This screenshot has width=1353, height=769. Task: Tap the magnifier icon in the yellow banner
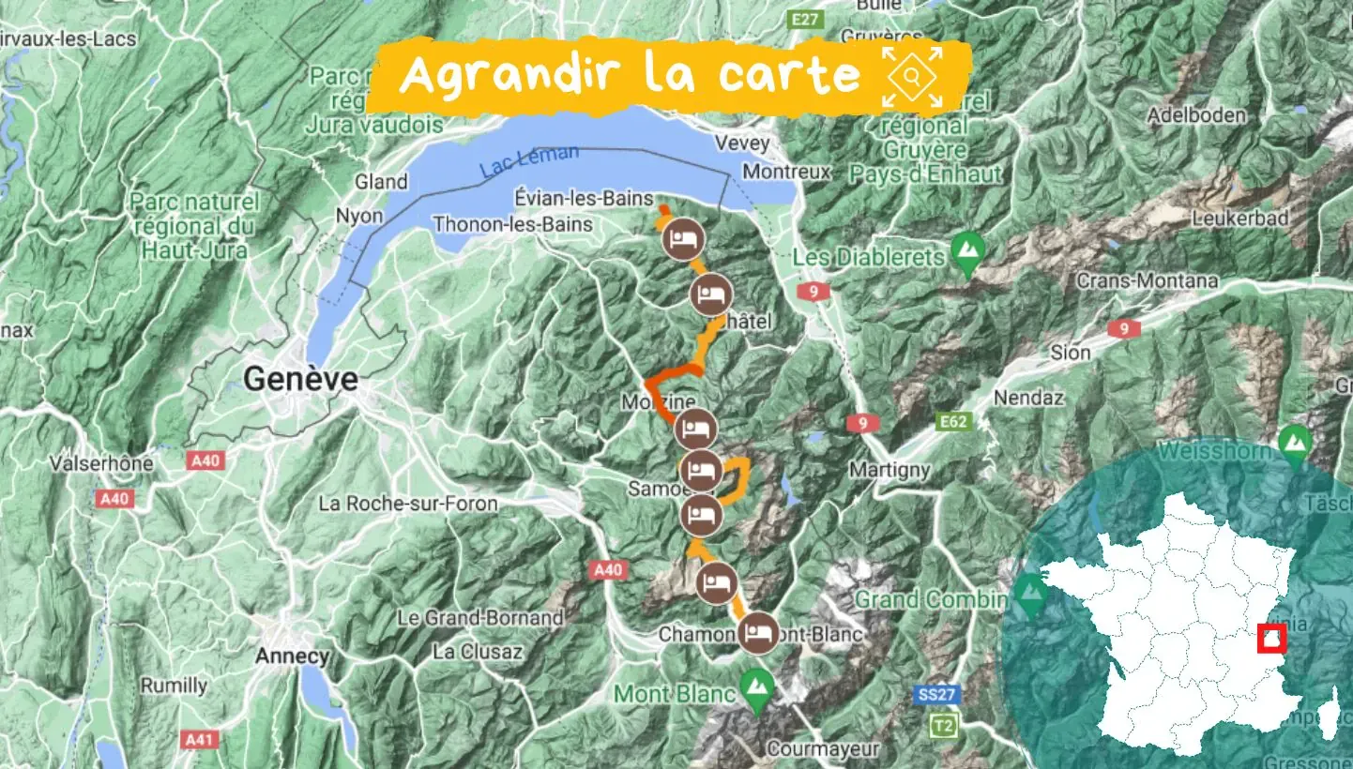click(x=911, y=78)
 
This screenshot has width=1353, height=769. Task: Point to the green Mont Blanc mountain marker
click(x=755, y=686)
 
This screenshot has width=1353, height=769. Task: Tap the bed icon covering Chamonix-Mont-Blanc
click(x=757, y=632)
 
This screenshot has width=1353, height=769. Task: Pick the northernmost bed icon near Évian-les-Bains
click(x=682, y=239)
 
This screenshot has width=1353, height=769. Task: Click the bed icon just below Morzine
click(x=695, y=430)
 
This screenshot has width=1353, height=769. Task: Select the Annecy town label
click(x=292, y=656)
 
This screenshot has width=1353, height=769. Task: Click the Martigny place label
click(x=889, y=469)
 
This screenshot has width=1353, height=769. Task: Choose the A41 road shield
click(x=199, y=740)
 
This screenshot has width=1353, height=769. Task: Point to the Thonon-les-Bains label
click(x=512, y=224)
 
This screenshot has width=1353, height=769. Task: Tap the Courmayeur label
click(x=823, y=749)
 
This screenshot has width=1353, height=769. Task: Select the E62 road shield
click(x=954, y=423)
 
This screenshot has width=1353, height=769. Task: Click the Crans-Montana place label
click(x=1147, y=280)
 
